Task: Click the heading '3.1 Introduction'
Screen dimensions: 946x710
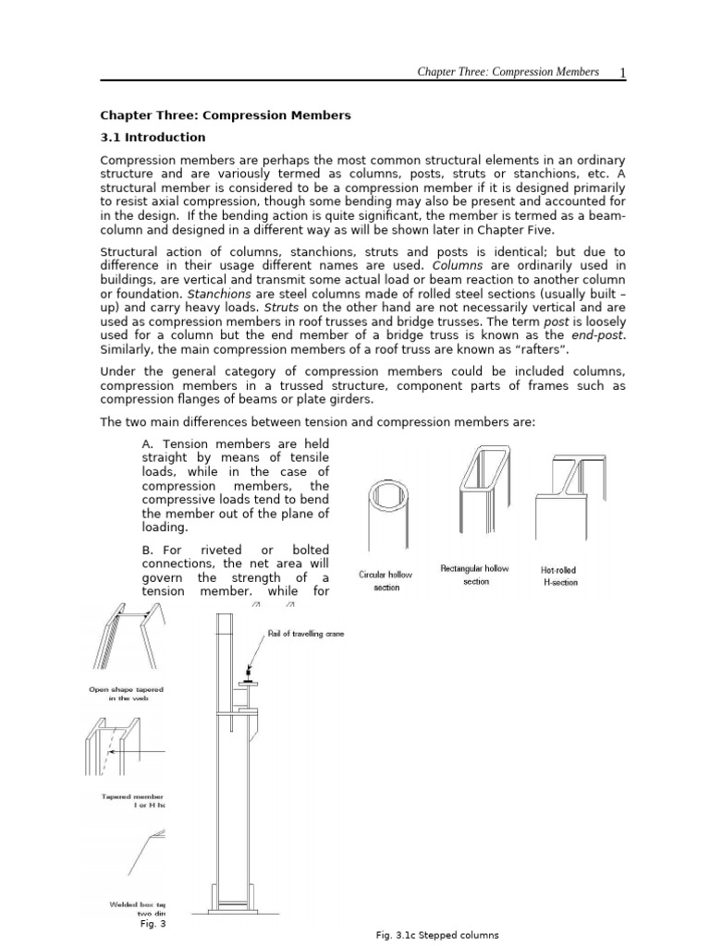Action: coord(153,138)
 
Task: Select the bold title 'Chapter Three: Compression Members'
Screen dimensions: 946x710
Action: coord(226,115)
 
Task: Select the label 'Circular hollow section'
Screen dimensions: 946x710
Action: coord(386,581)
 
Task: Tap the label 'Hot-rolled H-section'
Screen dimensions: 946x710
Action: coord(558,576)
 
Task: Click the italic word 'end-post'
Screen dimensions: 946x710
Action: coord(600,336)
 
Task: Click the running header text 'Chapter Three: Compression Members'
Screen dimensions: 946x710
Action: coord(508,72)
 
